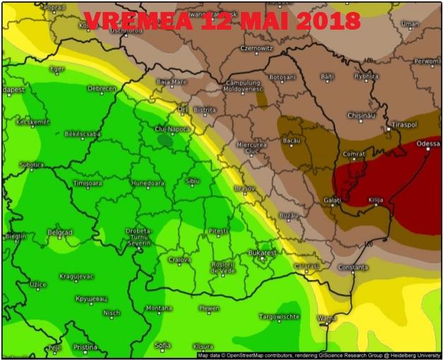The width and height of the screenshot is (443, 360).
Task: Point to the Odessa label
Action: (428, 144)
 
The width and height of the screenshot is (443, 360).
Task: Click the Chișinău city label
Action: (361, 115)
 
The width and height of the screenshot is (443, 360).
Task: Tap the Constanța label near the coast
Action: (353, 267)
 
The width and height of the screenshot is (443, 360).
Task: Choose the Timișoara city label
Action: (88, 184)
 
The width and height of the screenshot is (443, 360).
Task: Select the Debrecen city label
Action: (101, 89)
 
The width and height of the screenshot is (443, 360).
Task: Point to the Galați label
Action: (332, 200)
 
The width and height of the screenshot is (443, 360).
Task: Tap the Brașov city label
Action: (244, 189)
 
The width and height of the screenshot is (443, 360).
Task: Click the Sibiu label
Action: (192, 181)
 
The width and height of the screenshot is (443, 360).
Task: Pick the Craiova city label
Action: (179, 260)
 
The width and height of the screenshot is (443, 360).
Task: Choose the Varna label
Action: (327, 318)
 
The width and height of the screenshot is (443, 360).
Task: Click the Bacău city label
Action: (291, 141)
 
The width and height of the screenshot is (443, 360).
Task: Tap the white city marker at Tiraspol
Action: (388, 129)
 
